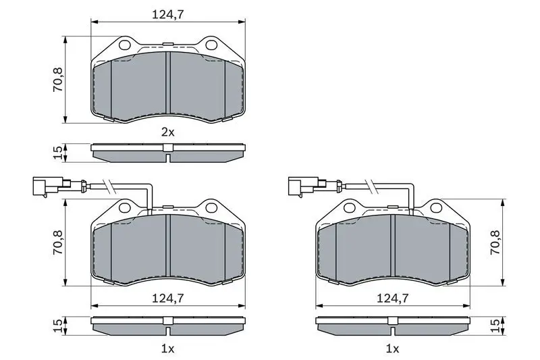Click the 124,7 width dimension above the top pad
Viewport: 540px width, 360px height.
click(168, 14)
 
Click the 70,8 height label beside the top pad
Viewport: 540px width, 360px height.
click(57, 80)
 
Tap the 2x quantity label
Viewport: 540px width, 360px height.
click(168, 132)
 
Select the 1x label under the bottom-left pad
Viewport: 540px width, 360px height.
click(168, 349)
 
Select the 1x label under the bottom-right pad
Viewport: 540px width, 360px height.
click(392, 349)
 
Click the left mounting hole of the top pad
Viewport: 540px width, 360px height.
click(124, 45)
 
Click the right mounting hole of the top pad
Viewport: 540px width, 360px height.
click(211, 45)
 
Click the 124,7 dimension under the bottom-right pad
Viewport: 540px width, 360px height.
click(392, 298)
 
